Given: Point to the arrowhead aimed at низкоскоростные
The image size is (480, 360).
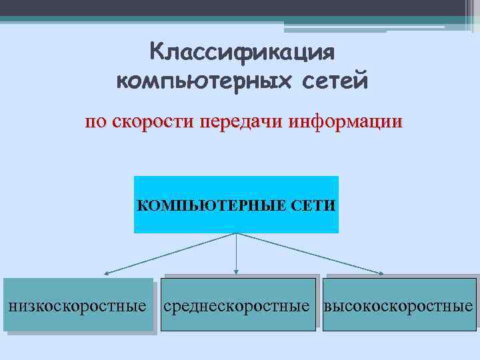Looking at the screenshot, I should [x=106, y=273].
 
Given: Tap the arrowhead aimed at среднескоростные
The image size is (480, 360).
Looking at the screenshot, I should [x=236, y=271].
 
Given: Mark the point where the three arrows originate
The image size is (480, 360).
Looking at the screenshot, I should [x=236, y=233].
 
